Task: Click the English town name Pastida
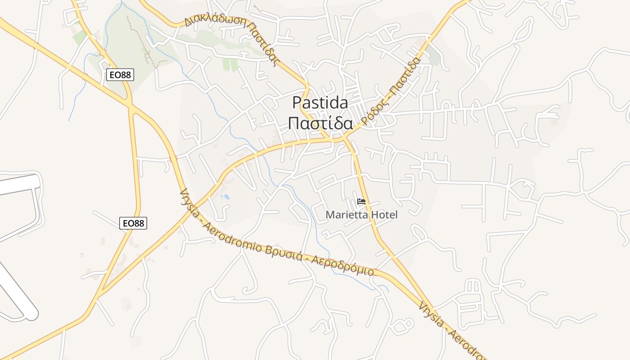[x=320, y=103]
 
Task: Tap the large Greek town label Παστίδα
[x=320, y=123]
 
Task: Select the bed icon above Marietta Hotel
[x=361, y=202]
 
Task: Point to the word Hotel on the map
[x=386, y=215]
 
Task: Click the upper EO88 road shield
[x=120, y=75]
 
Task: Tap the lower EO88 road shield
[x=133, y=223]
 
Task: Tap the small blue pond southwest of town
[x=225, y=197]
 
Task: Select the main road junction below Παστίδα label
[x=344, y=140]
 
